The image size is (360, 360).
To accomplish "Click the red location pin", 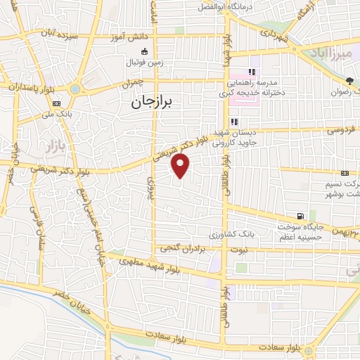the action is [181, 167].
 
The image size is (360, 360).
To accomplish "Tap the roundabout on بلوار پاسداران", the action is [75, 89].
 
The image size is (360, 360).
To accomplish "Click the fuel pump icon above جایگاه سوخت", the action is [301, 216].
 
